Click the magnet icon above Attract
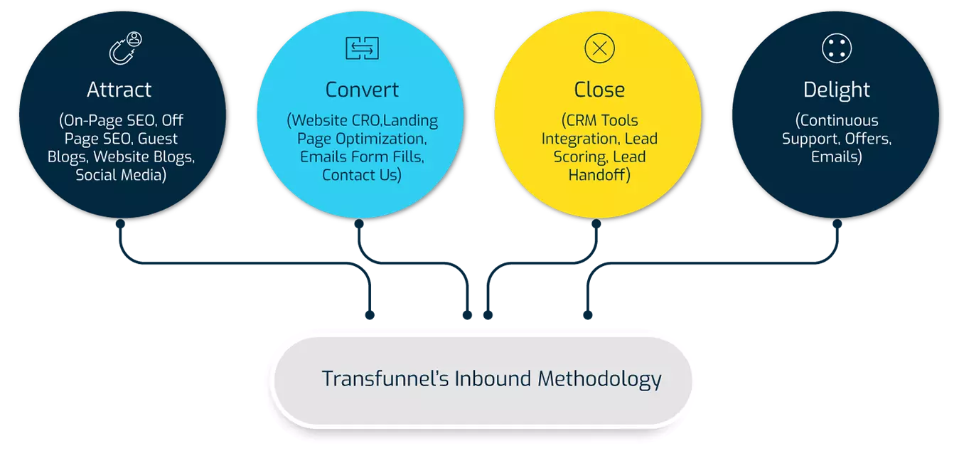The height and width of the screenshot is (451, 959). click(125, 48)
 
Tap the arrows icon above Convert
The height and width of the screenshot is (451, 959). click(362, 48)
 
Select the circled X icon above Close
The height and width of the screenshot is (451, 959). click(599, 48)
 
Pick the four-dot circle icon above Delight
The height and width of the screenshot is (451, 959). click(837, 48)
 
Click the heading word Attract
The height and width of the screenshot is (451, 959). click(119, 90)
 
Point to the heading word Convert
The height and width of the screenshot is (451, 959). click(362, 90)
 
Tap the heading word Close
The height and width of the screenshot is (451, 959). click(599, 90)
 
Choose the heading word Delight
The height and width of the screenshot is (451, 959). click(837, 90)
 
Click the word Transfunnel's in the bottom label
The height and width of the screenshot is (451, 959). click(385, 378)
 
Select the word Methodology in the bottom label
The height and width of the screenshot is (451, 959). click(599, 379)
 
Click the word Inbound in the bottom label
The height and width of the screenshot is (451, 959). click(493, 378)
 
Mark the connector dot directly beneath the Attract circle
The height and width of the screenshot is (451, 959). click(120, 223)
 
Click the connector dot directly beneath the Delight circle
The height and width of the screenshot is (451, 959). click(837, 223)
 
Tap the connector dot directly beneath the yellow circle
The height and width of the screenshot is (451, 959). click(596, 223)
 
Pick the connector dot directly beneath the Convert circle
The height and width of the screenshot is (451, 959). click(359, 223)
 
